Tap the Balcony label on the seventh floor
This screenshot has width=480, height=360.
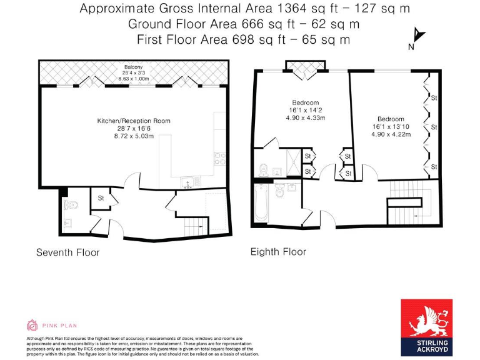click(x=133, y=67)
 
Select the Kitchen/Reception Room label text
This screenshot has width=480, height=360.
click(x=133, y=121)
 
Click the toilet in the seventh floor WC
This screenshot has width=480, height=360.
click(x=72, y=204)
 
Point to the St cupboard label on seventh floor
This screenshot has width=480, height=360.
click(x=100, y=198)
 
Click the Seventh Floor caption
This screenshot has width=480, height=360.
click(x=67, y=252)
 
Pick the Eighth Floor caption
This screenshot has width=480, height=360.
click(x=278, y=252)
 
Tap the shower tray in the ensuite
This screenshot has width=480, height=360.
click(x=290, y=156)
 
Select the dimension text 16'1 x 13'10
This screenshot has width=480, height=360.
click(x=390, y=126)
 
